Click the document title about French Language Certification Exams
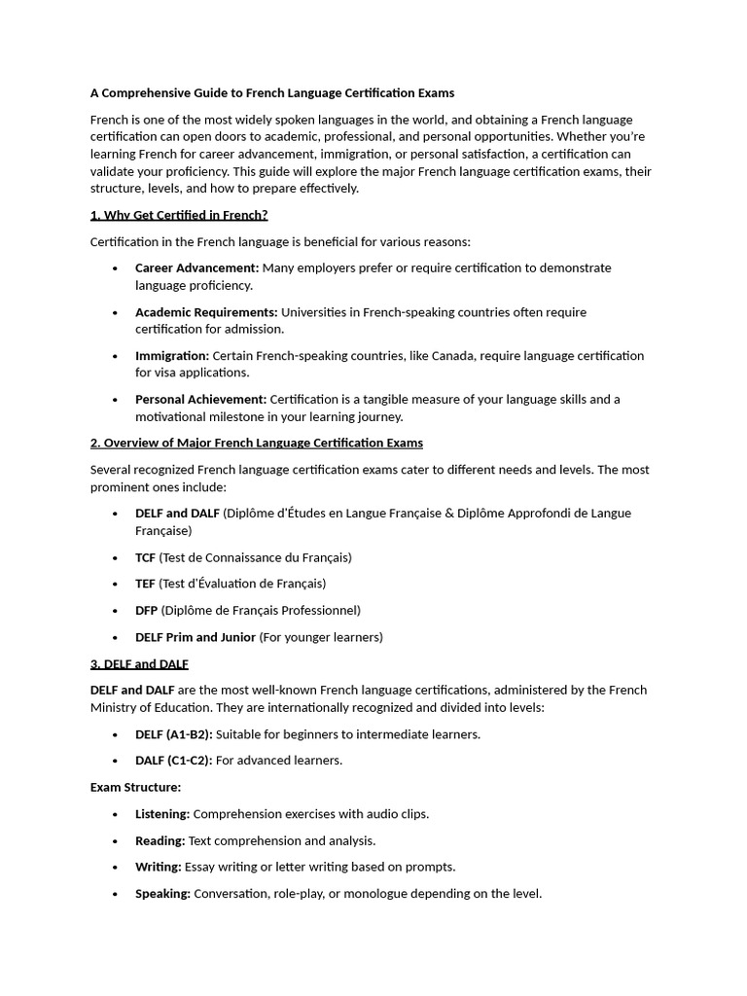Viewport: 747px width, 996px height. [x=272, y=93]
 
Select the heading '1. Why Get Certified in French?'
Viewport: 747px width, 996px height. [x=179, y=215]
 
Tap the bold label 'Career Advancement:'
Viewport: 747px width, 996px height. [x=196, y=267]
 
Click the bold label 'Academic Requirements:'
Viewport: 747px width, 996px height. [x=206, y=312]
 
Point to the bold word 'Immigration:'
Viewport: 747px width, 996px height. [x=172, y=356]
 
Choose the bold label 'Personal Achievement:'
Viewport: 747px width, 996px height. [x=200, y=399]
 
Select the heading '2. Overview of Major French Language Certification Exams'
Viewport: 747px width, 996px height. [x=257, y=443]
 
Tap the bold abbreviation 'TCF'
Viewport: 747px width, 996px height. [x=145, y=557]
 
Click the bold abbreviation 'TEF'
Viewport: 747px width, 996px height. [x=145, y=584]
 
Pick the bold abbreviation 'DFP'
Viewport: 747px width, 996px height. [x=146, y=610]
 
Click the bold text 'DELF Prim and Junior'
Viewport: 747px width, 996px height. [x=196, y=637]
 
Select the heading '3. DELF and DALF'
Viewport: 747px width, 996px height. [x=139, y=663]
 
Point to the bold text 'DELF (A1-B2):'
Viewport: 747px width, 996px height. [x=173, y=734]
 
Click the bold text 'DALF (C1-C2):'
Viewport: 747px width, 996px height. [x=173, y=761]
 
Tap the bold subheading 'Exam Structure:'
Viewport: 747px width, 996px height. [x=135, y=787]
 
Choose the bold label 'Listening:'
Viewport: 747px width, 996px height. [x=162, y=814]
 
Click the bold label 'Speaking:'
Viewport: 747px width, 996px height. [x=162, y=893]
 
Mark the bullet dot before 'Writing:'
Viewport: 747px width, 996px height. [x=115, y=867]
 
